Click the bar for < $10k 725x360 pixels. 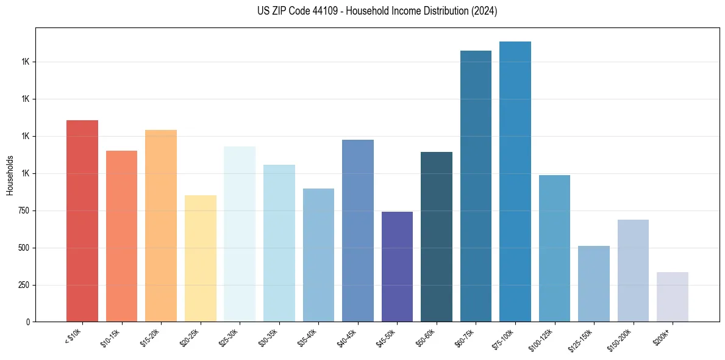coord(82,221)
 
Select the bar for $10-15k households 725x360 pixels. coord(121,236)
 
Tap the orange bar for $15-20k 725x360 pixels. coord(161,226)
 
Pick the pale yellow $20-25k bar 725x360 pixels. coord(201,259)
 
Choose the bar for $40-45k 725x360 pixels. coord(358,231)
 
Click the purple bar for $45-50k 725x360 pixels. coord(397,267)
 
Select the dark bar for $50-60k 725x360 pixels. coord(437,237)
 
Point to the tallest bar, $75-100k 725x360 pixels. coord(515,182)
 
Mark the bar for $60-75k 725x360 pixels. coord(476,186)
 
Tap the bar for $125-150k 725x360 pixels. coord(594,284)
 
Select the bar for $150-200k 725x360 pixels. coord(633,271)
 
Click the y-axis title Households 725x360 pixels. coord(10,175)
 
